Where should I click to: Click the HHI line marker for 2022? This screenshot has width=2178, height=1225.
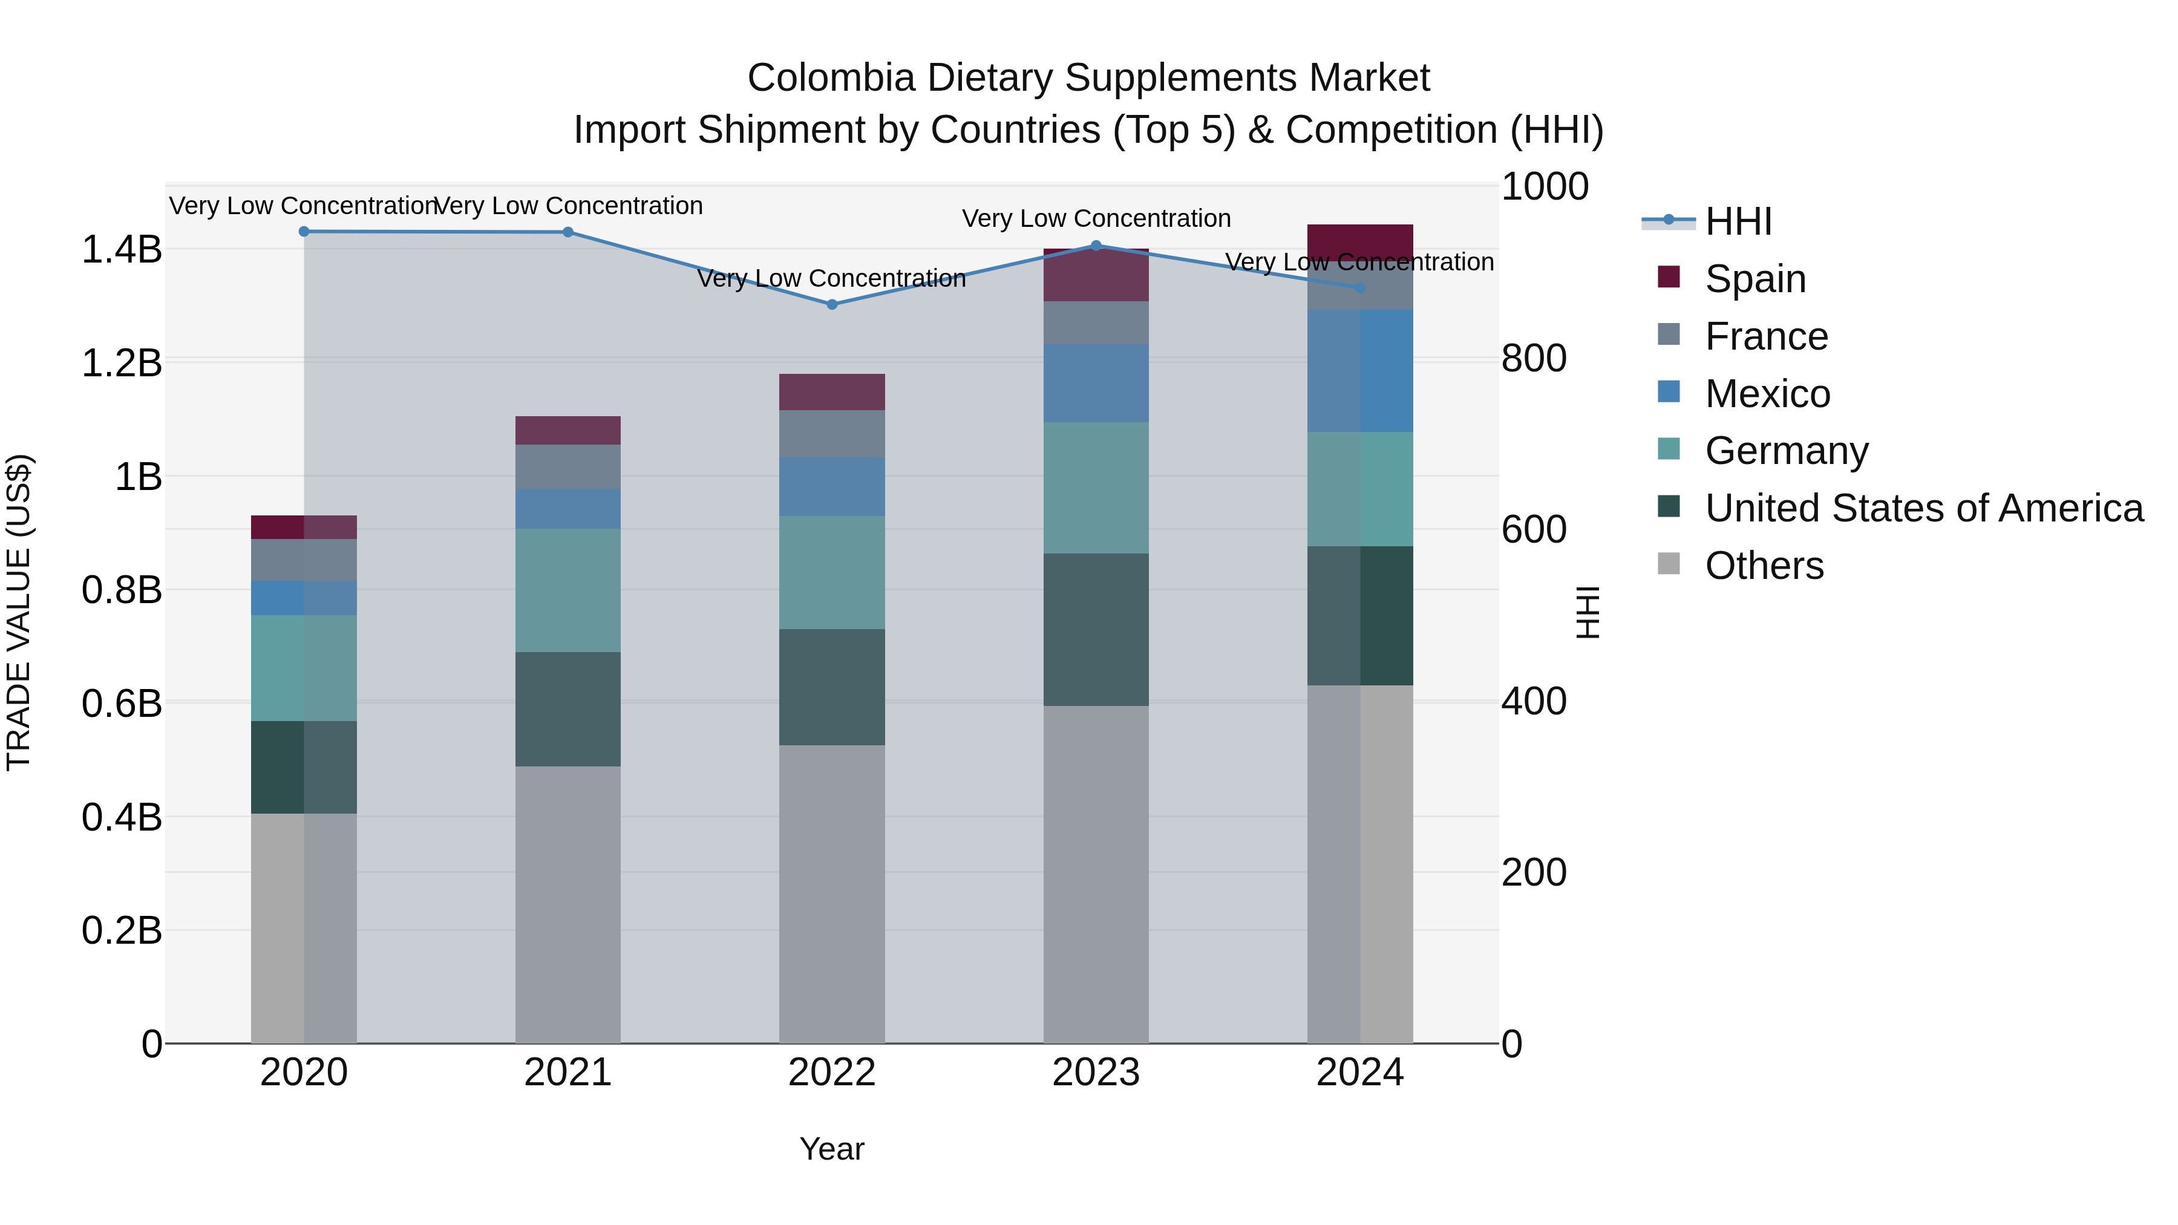coord(832,304)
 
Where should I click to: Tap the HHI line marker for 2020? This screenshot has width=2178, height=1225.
coord(304,232)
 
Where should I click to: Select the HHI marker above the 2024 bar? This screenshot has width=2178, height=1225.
coord(1359,287)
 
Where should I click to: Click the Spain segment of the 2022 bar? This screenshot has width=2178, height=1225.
coord(832,391)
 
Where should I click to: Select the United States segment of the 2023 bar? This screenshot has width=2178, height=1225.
coord(1096,629)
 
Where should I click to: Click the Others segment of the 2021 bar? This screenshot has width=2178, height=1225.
coord(568,904)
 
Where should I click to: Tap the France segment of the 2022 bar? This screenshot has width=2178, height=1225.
coord(832,434)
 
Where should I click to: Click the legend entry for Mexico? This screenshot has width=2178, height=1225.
coord(1767,394)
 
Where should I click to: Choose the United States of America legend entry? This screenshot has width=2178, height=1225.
coord(1923,508)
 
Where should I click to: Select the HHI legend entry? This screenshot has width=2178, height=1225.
coord(1738,221)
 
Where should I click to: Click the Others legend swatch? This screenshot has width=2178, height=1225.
coord(1669,564)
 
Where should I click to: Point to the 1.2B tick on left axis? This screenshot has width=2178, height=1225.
coord(122,364)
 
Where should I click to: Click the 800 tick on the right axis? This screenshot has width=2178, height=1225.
coord(1533,359)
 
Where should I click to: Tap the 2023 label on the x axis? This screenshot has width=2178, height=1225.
coord(1096,1073)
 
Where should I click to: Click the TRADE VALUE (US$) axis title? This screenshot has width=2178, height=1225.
coord(19,612)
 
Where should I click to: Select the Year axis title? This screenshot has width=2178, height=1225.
coord(832,1149)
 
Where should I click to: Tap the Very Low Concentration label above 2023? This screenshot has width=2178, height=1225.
coord(1096,218)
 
